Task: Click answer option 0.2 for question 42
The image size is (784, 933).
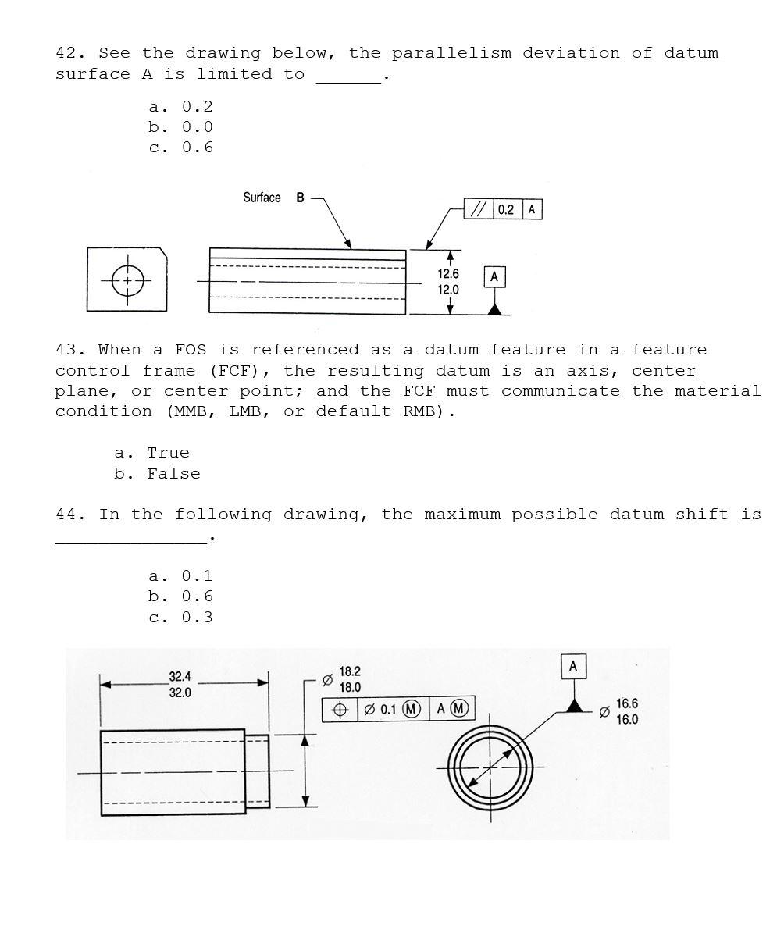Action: (x=197, y=107)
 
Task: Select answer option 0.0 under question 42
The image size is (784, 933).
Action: (x=197, y=127)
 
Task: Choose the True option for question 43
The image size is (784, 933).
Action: (x=168, y=454)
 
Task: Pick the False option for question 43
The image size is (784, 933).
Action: (x=173, y=474)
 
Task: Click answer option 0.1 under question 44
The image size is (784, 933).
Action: (x=197, y=576)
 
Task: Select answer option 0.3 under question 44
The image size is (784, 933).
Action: (x=197, y=618)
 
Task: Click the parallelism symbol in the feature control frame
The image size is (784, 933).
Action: (x=479, y=209)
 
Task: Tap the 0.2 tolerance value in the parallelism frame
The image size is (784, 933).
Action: (x=506, y=209)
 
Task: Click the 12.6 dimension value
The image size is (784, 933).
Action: (x=448, y=274)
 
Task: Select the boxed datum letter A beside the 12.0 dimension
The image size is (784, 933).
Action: (x=494, y=276)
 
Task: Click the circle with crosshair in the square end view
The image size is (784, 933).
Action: (x=128, y=281)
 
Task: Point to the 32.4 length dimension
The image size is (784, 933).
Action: (x=180, y=676)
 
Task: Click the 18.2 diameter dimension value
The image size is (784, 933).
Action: (x=350, y=671)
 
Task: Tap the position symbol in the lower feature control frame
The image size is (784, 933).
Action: (x=340, y=709)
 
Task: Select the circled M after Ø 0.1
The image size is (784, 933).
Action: (x=412, y=709)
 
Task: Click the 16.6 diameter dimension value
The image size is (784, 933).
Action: (x=627, y=704)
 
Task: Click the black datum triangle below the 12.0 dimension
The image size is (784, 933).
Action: (x=494, y=309)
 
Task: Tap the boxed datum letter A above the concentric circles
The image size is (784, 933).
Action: (x=573, y=666)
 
